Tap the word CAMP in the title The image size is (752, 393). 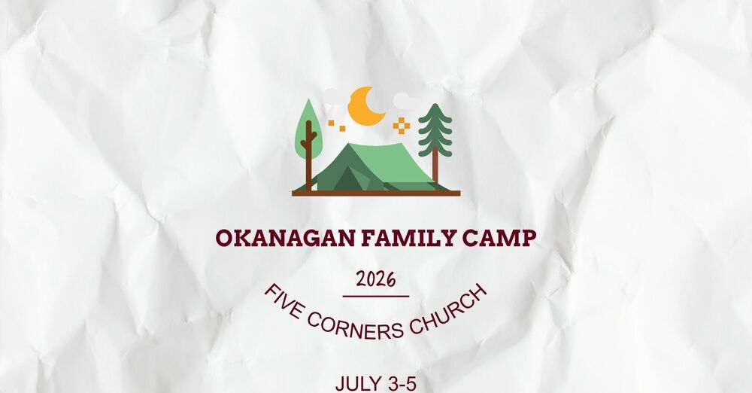[500, 239]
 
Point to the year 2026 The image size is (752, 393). [376, 280]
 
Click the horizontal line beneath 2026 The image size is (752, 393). [376, 296]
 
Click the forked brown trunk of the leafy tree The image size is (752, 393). [308, 151]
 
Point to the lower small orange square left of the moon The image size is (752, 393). [342, 128]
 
